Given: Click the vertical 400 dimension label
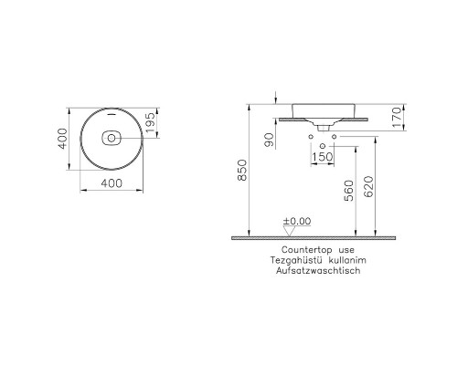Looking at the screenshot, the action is (62, 139).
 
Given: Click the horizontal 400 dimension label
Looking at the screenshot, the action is (112, 183).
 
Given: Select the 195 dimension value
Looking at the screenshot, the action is (150, 123).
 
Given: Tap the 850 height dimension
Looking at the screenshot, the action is (242, 170).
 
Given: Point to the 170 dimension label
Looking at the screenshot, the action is (398, 118).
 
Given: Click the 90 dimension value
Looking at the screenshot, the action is (270, 140).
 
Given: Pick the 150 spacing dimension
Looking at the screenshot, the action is (323, 157).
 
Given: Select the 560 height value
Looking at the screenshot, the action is (349, 191).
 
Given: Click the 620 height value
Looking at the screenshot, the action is (368, 186).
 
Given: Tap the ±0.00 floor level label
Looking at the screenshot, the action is (297, 221).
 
